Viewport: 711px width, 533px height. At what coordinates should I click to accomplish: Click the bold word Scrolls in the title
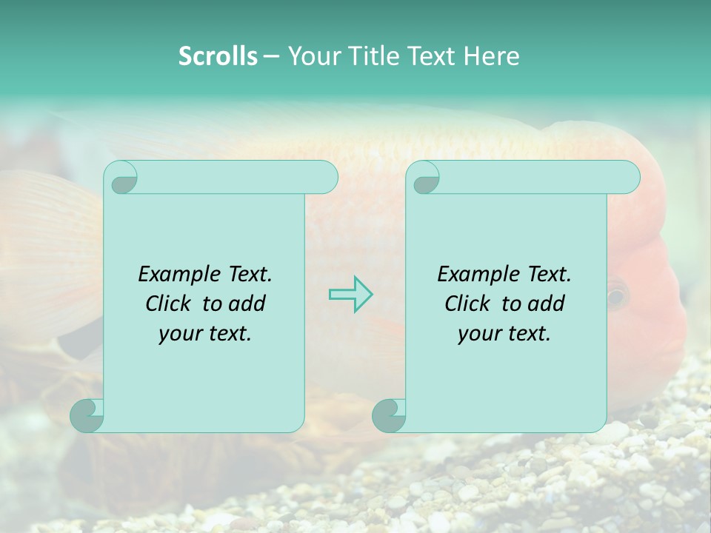coord(218,56)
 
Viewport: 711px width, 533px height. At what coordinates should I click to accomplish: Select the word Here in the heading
coord(491,56)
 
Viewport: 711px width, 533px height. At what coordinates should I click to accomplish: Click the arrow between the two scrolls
coord(350,295)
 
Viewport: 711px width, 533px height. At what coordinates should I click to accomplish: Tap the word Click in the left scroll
coord(169,304)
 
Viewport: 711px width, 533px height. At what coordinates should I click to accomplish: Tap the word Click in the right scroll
coord(467,304)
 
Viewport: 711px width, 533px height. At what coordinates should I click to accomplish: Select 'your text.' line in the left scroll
coord(205,333)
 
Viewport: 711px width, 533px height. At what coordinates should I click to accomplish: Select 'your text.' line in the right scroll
coord(504,333)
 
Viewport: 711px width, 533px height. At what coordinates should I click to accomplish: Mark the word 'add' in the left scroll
coord(247,304)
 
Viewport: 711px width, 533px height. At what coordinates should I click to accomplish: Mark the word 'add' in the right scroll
coord(547,304)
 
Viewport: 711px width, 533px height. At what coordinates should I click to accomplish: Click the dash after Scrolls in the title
coord(271,57)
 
